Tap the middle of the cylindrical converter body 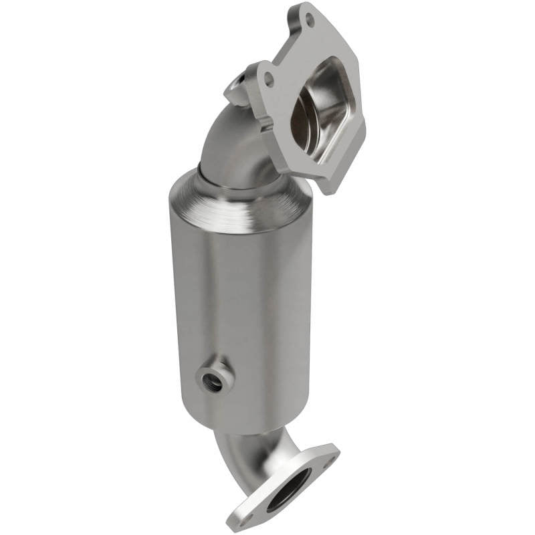tap(241, 294)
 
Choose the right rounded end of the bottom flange tap(334, 451)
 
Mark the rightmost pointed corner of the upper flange tap(364, 127)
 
